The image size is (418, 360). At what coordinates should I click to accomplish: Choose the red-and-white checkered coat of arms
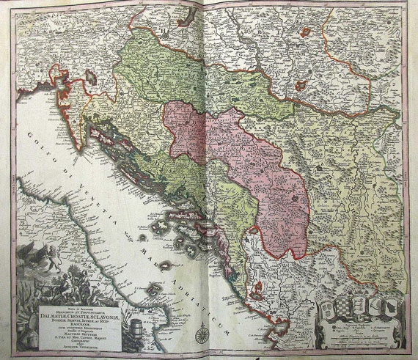point(344,306)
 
